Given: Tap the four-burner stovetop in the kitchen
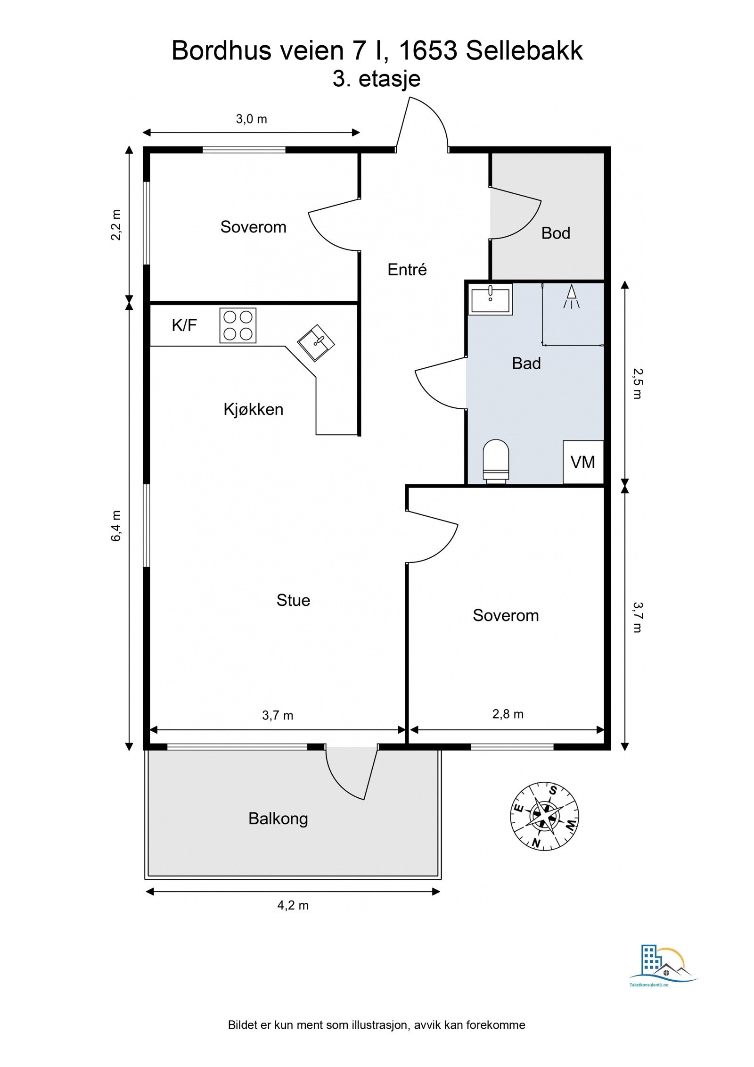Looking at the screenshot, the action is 238,325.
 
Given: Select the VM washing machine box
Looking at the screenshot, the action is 583,462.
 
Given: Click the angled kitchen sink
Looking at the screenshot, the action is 316,342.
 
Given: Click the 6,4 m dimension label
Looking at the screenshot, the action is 116,525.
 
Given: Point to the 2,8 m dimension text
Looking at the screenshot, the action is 508,714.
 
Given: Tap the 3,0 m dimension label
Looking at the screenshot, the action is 251,119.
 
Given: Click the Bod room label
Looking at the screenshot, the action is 556,233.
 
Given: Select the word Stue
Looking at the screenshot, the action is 293,600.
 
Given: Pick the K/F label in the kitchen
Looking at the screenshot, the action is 184,325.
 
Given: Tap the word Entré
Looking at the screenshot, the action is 407,269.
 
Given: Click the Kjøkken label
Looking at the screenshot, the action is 254,409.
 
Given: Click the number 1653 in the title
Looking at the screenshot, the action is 427,50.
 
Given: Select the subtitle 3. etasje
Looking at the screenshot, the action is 377,79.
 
